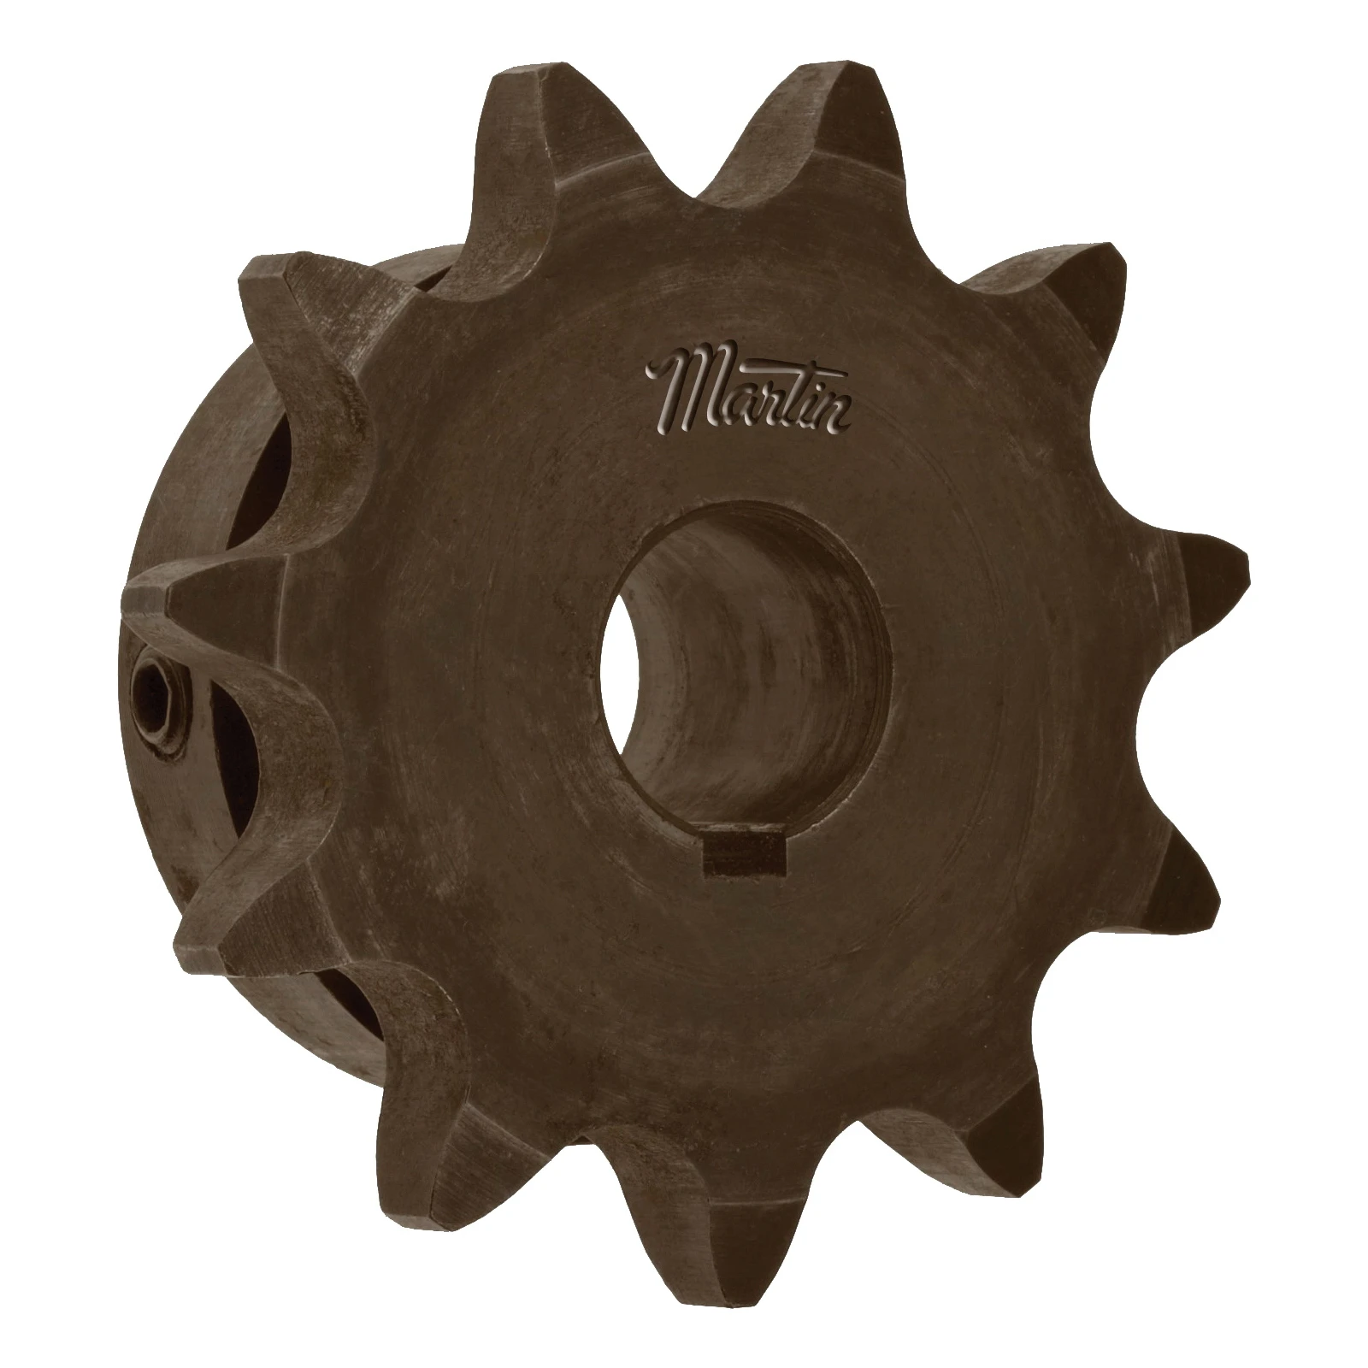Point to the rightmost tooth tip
1223,564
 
